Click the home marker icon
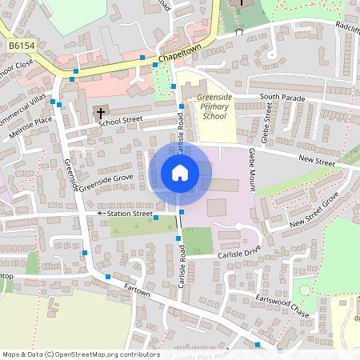(x=180, y=172)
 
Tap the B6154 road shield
(x=21, y=47)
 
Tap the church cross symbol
(x=99, y=111)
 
